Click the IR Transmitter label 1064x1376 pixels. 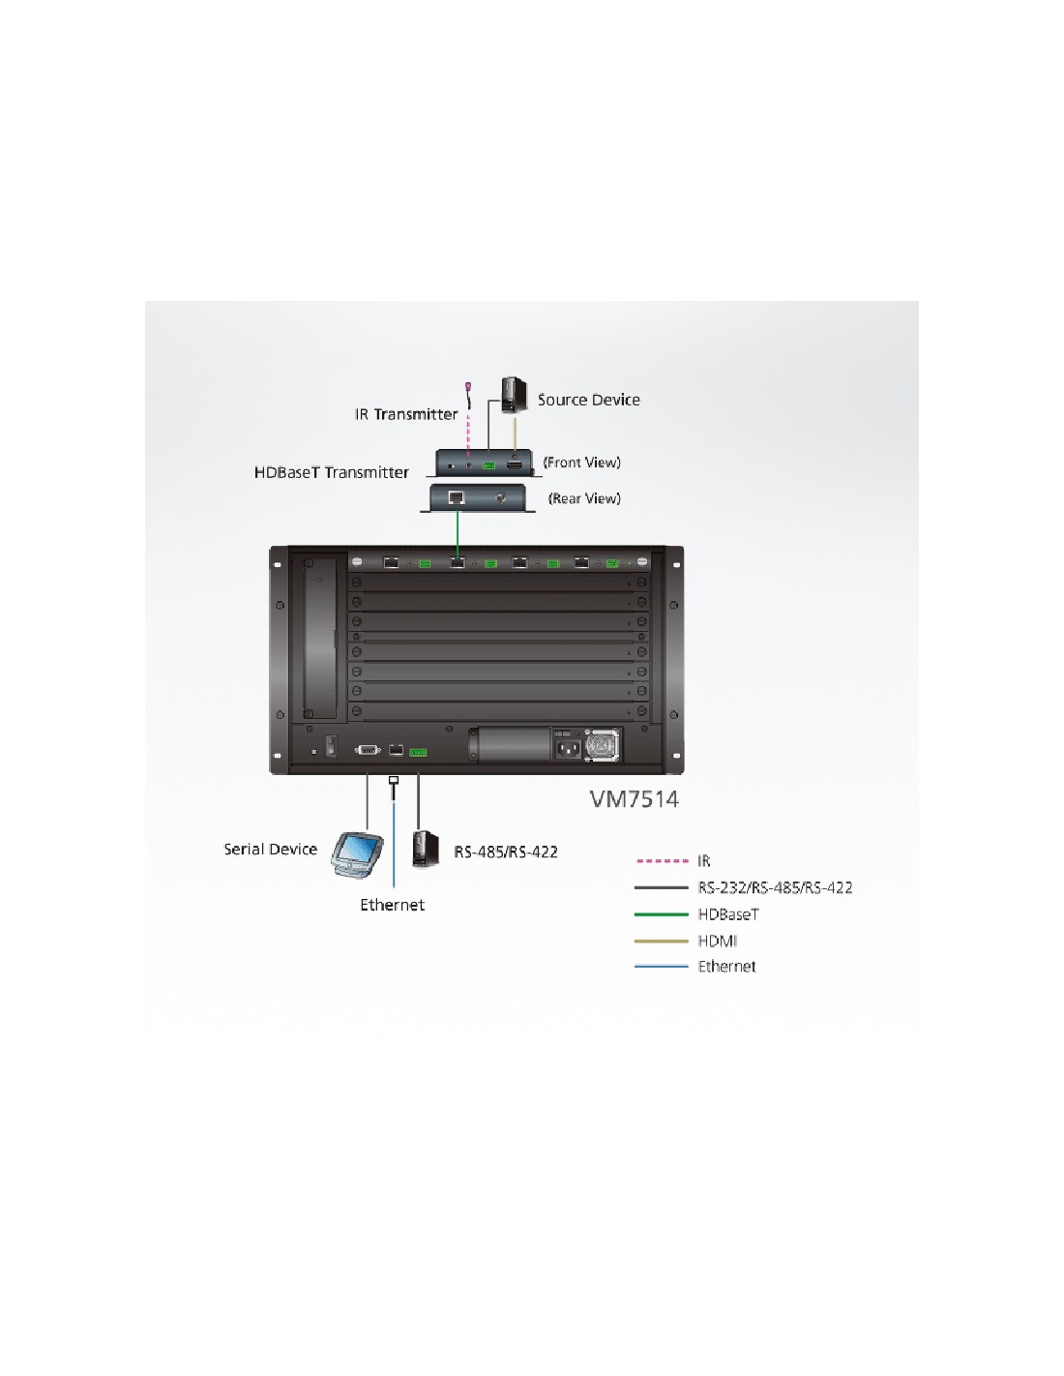click(405, 414)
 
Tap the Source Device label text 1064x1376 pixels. click(589, 400)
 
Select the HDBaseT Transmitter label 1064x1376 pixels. click(332, 472)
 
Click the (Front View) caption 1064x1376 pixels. click(581, 463)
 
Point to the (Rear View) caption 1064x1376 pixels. click(584, 498)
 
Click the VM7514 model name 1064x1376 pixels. click(635, 799)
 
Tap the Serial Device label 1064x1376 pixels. click(270, 850)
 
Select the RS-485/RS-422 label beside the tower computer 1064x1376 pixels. click(506, 852)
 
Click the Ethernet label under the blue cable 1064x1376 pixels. click(392, 905)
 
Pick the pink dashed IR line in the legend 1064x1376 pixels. click(662, 861)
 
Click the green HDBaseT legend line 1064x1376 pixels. click(662, 914)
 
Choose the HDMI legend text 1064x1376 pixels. click(717, 941)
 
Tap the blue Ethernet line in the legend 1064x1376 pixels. click(662, 967)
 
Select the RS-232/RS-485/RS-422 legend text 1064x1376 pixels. click(776, 887)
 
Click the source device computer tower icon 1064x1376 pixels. click(514, 396)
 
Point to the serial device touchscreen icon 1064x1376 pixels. click(357, 854)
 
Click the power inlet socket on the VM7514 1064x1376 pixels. click(568, 750)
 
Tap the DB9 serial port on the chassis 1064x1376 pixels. click(369, 750)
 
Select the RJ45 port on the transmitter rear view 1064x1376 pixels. click(457, 497)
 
